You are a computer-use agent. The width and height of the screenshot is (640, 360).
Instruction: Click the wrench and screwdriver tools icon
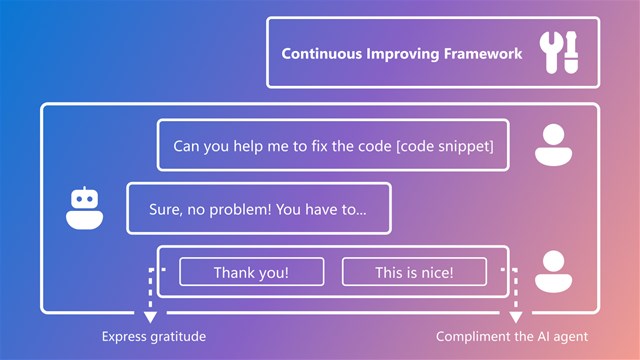[560, 53]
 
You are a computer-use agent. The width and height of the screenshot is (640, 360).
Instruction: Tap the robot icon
[85, 208]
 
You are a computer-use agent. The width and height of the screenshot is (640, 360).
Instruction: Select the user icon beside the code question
[553, 144]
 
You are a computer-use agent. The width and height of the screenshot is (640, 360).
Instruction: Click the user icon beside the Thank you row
[553, 270]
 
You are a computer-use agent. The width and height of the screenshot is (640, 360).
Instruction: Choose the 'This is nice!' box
[414, 272]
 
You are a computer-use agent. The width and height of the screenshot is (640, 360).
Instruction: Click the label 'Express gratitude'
[154, 337]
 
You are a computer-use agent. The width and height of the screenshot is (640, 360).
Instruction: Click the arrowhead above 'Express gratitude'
[151, 317]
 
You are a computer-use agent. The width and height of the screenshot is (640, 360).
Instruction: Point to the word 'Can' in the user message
[187, 146]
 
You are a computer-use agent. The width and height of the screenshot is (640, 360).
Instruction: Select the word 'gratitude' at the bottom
[178, 337]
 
